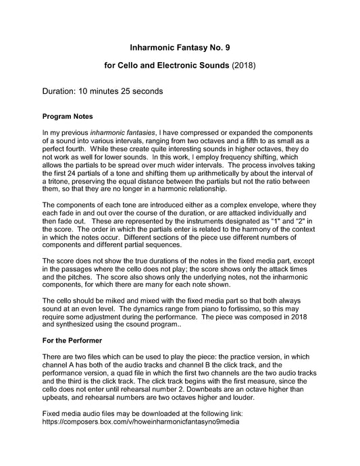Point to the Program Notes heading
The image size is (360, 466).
[72, 116]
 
